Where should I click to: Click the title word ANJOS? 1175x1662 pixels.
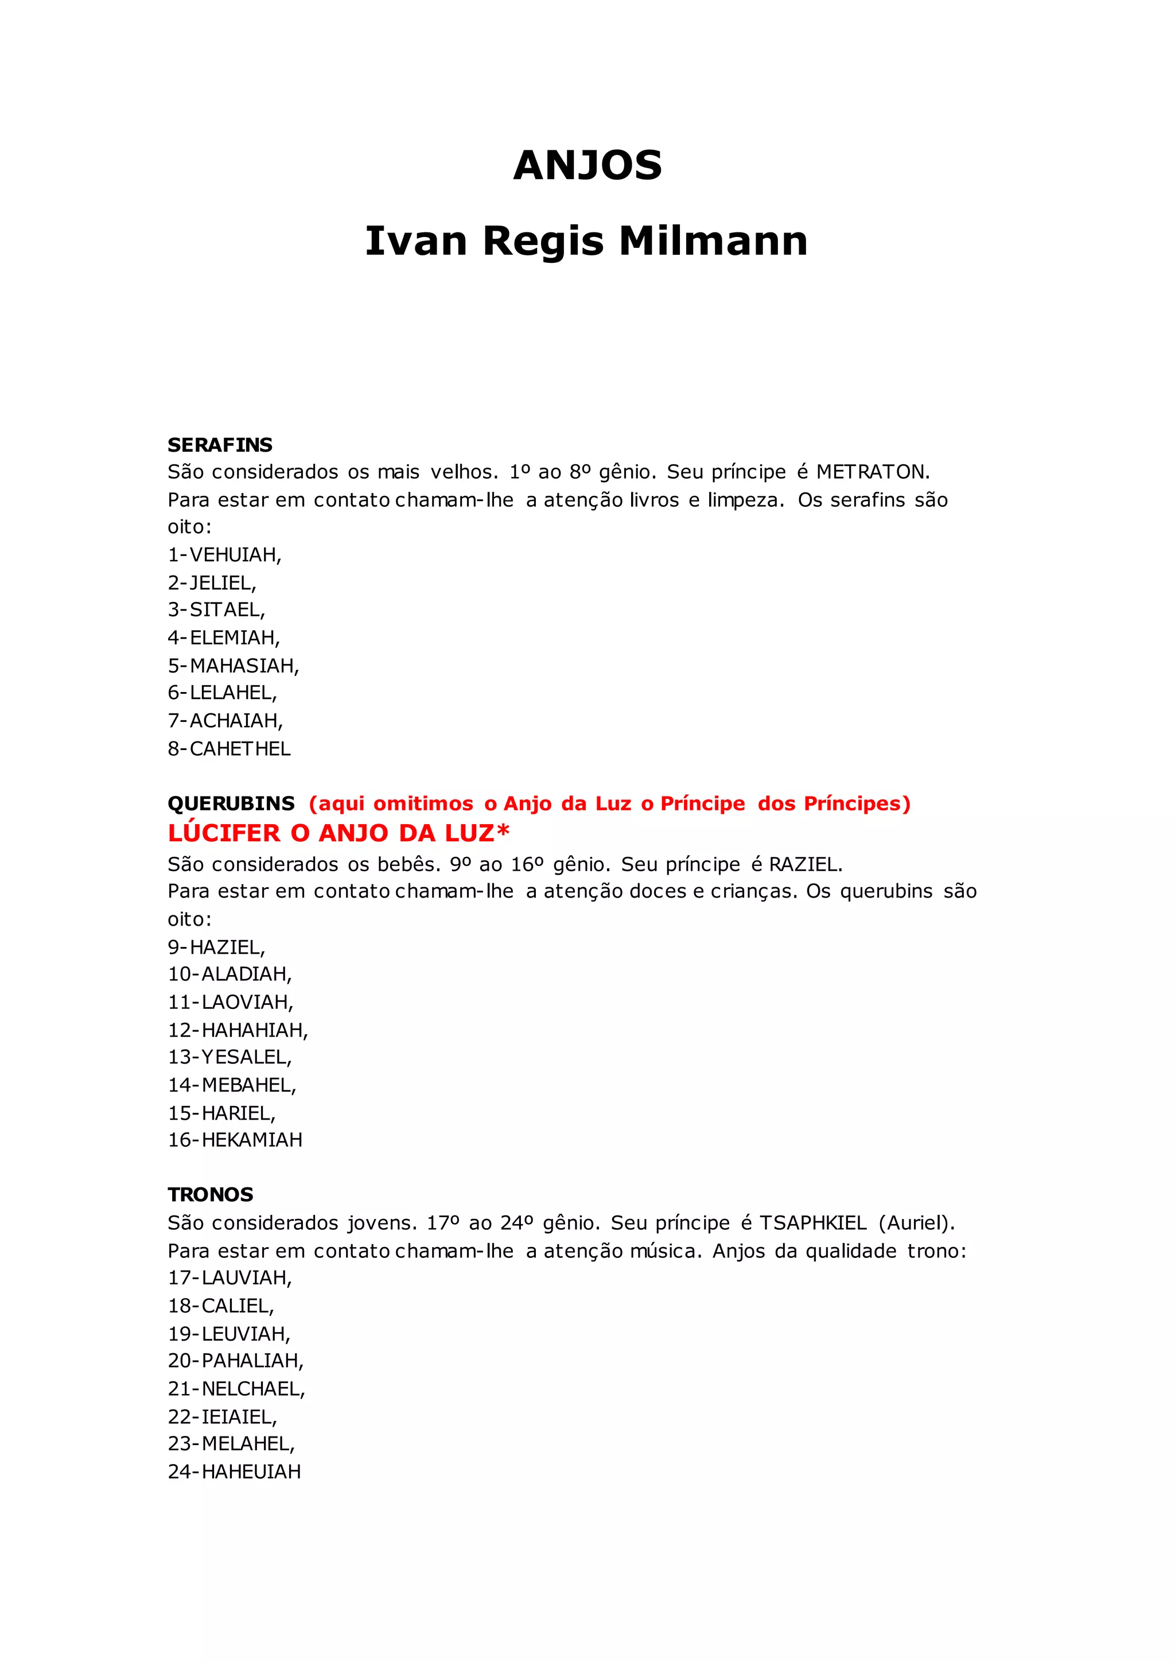pos(587,166)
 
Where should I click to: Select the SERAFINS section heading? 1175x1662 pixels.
pos(220,444)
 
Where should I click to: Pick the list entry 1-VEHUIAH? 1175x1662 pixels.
pos(224,555)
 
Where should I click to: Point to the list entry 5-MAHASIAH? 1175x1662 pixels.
pos(233,666)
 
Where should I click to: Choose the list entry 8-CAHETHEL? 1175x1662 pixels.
pos(229,749)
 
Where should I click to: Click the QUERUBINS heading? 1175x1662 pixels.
pos(231,803)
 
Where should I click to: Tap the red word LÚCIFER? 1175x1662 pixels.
pos(224,833)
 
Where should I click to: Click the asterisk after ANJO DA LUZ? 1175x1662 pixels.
pos(503,830)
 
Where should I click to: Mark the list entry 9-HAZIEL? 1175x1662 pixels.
pos(216,948)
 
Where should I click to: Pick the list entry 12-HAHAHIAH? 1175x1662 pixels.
pos(238,1030)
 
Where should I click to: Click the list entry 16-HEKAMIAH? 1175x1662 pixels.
pos(235,1140)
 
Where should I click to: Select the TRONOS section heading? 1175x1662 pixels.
pos(211,1194)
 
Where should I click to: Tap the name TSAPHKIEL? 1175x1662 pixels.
pos(812,1224)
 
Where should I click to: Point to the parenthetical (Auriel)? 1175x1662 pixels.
pos(917,1224)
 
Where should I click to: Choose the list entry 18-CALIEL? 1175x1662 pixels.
pos(221,1306)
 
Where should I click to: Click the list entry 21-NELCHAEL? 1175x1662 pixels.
pos(236,1389)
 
